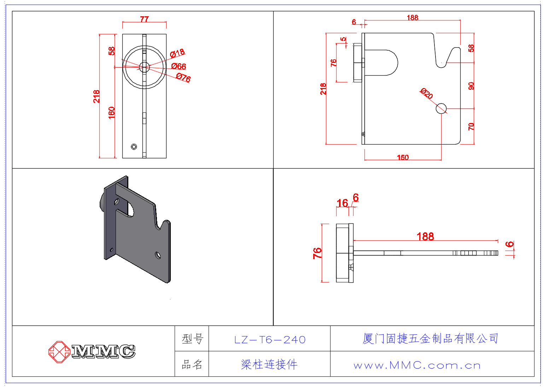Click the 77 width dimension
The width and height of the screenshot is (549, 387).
click(x=144, y=19)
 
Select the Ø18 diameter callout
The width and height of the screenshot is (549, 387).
click(x=177, y=53)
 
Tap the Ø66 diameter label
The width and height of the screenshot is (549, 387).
click(x=179, y=66)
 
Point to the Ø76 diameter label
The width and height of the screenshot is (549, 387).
click(x=183, y=77)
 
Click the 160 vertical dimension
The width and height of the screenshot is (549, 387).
click(x=111, y=112)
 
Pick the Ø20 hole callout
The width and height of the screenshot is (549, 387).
click(x=426, y=93)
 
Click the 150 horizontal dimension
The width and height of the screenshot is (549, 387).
click(x=403, y=157)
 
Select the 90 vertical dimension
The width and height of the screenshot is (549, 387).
click(x=471, y=86)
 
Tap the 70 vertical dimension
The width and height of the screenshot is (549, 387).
click(x=471, y=127)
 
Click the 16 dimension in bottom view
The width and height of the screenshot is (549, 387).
click(x=342, y=203)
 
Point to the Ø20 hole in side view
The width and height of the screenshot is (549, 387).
click(x=441, y=109)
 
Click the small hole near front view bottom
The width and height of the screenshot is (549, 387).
click(x=134, y=147)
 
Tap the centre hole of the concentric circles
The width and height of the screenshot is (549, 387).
click(x=144, y=67)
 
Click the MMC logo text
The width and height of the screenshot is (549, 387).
click(x=103, y=351)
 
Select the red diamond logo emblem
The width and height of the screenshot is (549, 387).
click(x=59, y=352)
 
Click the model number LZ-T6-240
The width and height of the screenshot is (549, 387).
click(x=270, y=340)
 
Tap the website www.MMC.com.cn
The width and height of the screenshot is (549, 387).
click(x=417, y=365)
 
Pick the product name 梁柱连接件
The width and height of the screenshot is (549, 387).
click(x=269, y=364)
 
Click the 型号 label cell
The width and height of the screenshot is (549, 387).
click(x=192, y=339)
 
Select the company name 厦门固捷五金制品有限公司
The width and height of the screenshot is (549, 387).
click(x=430, y=339)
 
